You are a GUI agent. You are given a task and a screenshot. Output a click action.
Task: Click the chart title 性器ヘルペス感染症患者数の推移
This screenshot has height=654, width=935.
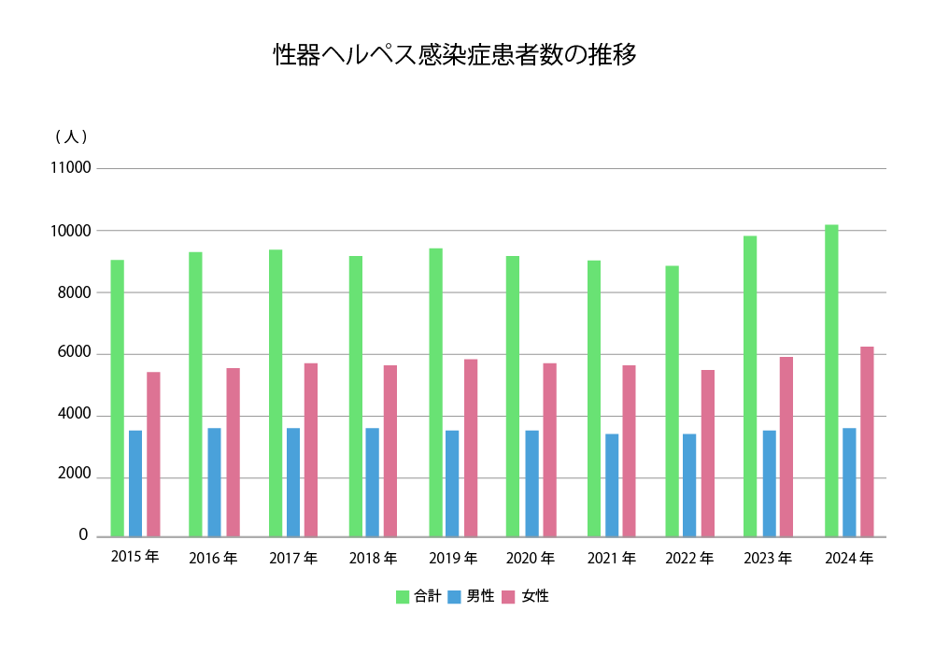tap(455, 55)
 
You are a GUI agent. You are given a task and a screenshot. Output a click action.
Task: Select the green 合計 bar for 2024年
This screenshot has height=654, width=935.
tap(831, 380)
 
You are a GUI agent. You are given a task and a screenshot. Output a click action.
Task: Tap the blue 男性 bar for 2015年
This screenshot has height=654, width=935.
tap(135, 483)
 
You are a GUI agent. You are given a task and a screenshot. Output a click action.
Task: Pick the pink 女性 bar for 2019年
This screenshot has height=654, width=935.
tap(471, 448)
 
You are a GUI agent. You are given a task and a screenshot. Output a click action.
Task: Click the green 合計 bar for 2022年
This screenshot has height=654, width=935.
tap(672, 401)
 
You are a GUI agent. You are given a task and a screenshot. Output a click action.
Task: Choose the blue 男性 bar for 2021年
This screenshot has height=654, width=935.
tap(612, 485)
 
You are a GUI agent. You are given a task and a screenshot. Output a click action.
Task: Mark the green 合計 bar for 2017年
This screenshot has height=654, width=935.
tap(276, 392)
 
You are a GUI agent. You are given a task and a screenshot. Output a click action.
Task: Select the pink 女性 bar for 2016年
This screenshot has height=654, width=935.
tap(233, 452)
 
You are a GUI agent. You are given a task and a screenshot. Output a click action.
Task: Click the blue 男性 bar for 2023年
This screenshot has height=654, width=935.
tap(769, 483)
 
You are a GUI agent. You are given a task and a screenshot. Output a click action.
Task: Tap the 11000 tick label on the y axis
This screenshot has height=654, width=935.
tap(71, 168)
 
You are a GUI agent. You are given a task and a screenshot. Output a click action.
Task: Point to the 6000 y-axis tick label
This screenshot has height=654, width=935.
tap(74, 353)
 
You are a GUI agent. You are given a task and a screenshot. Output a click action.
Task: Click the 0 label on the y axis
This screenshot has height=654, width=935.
tap(83, 535)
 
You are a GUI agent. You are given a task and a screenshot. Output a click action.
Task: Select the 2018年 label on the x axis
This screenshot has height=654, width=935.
tap(373, 559)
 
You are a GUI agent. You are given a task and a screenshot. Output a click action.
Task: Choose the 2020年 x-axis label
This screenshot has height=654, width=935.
tap(531, 559)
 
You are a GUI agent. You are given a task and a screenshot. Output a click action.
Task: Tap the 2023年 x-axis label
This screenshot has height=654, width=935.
tap(768, 559)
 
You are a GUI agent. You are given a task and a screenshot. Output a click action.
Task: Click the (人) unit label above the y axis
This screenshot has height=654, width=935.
tap(71, 136)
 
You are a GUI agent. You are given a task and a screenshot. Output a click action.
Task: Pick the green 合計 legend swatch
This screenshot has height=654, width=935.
tap(403, 596)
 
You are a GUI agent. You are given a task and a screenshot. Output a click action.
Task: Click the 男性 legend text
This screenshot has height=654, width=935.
tap(480, 596)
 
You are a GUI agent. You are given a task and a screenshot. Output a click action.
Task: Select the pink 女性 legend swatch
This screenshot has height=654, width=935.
tap(508, 596)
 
